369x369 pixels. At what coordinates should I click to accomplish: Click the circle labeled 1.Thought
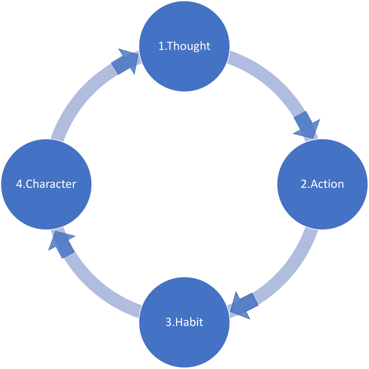pyautogui.click(x=184, y=46)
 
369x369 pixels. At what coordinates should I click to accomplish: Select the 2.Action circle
pyautogui.click(x=323, y=184)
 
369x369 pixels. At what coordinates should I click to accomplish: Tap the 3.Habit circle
pyautogui.click(x=184, y=323)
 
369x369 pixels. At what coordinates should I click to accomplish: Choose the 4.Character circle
pyautogui.click(x=46, y=184)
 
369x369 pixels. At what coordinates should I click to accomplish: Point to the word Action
pyautogui.click(x=327, y=184)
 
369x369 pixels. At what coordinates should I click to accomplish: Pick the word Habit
pyautogui.click(x=189, y=322)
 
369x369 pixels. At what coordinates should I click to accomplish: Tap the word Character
pyautogui.click(x=51, y=184)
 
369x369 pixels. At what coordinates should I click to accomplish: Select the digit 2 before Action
pyautogui.click(x=304, y=184)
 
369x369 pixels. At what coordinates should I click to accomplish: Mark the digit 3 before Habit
pyautogui.click(x=169, y=322)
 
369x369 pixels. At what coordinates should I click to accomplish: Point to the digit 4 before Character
pyautogui.click(x=19, y=184)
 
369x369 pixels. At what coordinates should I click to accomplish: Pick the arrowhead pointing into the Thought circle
pyautogui.click(x=125, y=61)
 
